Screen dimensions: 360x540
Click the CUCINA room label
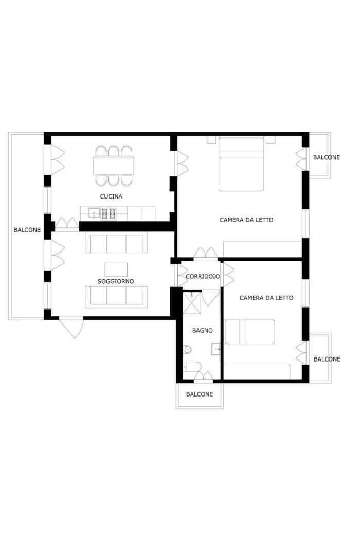[x=111, y=196]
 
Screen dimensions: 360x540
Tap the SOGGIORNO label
[x=116, y=281]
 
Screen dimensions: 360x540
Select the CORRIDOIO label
[x=203, y=276]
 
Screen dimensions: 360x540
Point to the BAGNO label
[x=202, y=331]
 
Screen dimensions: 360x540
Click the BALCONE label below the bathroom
[x=200, y=394]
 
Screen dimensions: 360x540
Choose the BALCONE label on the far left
[x=27, y=230]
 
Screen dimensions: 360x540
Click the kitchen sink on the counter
[x=94, y=213]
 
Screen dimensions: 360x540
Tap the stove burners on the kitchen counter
[x=108, y=213]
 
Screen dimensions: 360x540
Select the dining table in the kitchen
[x=114, y=166]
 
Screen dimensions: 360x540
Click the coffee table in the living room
[x=116, y=269]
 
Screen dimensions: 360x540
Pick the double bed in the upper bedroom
[x=241, y=164]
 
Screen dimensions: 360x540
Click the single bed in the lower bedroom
[x=250, y=332]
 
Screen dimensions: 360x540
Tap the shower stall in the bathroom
[x=191, y=303]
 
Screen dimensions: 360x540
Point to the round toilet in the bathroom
[x=187, y=350]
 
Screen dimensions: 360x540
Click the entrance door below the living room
[x=71, y=327]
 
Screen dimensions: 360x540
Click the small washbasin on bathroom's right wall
[x=216, y=349]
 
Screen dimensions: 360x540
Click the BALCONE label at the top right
[x=327, y=157]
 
